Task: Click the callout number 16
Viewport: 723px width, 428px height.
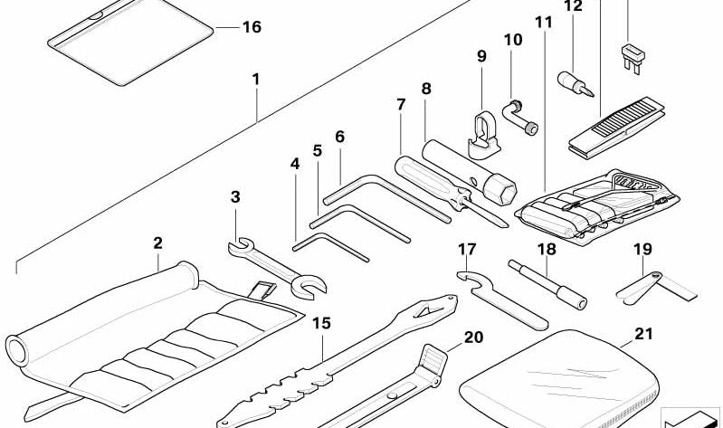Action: coord(251,27)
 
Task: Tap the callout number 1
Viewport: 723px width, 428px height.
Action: coord(256,80)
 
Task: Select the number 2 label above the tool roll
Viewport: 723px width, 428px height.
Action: coord(157,243)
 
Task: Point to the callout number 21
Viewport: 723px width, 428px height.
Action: coord(643,334)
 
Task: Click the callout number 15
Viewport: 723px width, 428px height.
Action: coord(321,322)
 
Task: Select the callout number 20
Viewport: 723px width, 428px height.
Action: coord(473,338)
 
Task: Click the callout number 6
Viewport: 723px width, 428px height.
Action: coord(339,138)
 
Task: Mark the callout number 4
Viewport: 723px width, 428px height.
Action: coord(294,165)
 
